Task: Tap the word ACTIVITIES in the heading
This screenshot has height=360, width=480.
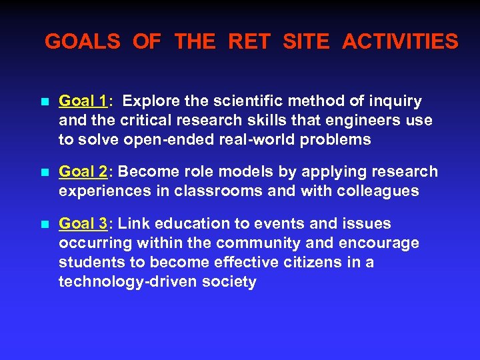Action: [x=400, y=42]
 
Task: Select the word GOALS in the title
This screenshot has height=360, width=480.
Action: [x=82, y=42]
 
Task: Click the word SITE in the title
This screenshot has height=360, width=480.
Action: [x=306, y=42]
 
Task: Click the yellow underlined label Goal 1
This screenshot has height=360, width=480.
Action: [x=83, y=101]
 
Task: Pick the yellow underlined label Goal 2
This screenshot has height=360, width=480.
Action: [x=83, y=172]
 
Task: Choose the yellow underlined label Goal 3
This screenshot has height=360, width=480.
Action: [x=83, y=223]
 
